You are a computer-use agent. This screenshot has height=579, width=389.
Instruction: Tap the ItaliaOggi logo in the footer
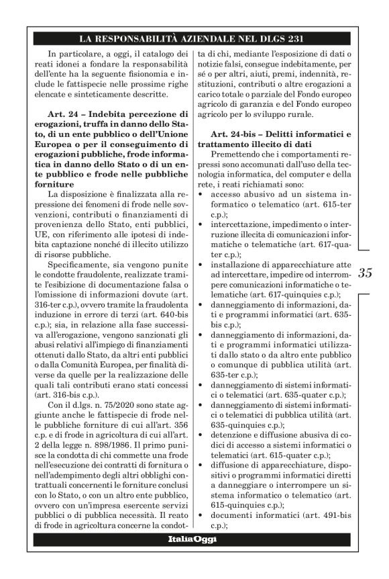click(x=194, y=540)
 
